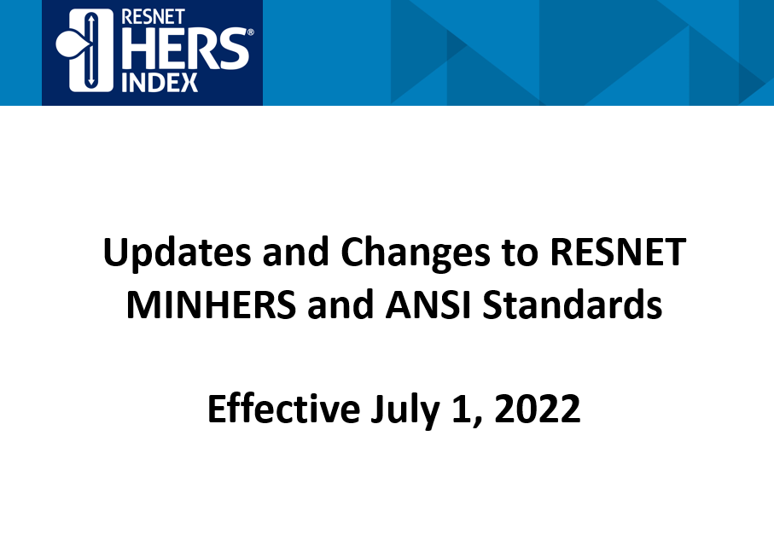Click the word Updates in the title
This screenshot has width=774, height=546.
click(x=177, y=253)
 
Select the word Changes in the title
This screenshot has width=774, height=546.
click(x=415, y=253)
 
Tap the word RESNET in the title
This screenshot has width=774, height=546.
click(x=618, y=252)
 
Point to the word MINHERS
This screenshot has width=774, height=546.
click(x=212, y=305)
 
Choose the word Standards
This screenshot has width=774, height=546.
click(x=572, y=305)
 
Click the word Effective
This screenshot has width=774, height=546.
click(x=284, y=409)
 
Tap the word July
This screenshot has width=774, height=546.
click(x=405, y=410)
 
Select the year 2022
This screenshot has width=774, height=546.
click(x=537, y=409)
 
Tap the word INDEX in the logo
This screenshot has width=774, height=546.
click(x=160, y=83)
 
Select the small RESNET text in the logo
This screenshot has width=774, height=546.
click(x=153, y=17)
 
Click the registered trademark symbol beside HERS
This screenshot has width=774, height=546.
click(x=250, y=32)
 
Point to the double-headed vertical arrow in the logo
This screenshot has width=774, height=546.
click(x=90, y=49)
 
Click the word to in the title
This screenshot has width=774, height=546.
click(x=520, y=253)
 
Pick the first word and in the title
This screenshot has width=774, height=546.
click(x=295, y=252)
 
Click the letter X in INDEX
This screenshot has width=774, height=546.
click(x=189, y=83)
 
